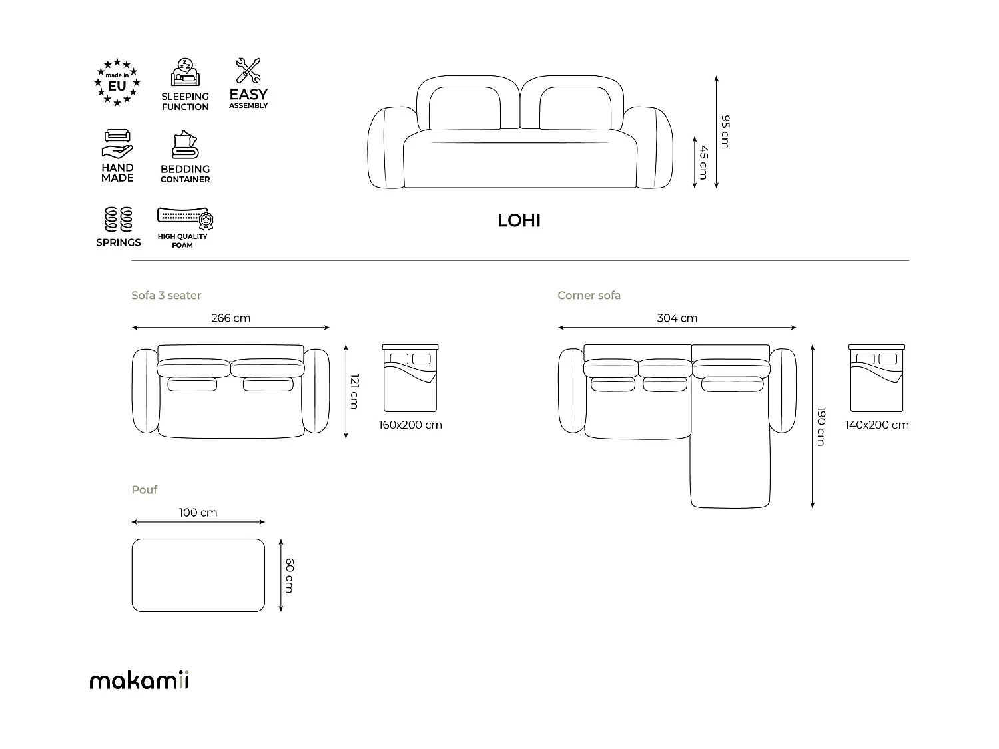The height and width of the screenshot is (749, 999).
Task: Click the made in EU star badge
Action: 117,83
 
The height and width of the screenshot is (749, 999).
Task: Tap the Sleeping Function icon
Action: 185,72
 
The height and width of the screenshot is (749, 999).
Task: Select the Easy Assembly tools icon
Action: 248,71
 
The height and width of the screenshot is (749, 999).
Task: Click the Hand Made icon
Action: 117,142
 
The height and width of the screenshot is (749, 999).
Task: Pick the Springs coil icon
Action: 119,220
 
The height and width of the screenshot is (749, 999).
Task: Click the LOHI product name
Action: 519,220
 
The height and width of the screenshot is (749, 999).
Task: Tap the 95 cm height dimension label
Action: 725,132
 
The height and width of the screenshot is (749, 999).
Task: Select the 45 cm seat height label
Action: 703,162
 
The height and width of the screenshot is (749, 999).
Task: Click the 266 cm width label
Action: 230,318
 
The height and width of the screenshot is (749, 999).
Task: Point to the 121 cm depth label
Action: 354,391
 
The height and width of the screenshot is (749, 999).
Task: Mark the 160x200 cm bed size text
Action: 410,425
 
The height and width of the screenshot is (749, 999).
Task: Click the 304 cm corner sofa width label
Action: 677,318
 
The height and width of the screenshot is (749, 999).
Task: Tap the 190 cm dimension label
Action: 821,426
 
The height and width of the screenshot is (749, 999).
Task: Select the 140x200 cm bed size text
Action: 876,425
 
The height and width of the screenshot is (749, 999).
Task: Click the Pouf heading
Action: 145,490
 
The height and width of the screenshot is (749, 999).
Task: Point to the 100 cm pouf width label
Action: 198,513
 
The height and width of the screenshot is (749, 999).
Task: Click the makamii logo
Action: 139,680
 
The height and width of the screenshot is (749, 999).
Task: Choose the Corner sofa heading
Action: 589,295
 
